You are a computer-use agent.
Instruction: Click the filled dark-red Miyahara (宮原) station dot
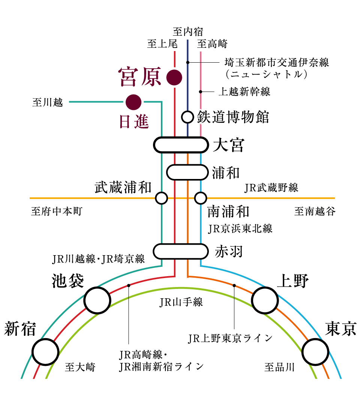click(x=174, y=77)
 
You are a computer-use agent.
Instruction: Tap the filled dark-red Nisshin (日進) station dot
click(x=133, y=102)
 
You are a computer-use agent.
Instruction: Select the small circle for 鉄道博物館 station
click(x=187, y=117)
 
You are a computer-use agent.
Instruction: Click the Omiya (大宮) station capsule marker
click(x=181, y=145)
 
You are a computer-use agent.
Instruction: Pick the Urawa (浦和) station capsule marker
click(x=187, y=172)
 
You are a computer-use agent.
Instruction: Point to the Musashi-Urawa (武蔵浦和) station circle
click(x=161, y=198)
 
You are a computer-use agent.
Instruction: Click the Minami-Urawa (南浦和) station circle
click(x=201, y=198)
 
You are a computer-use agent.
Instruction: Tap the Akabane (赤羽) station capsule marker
click(x=181, y=251)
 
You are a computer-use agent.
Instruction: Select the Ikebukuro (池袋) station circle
click(x=97, y=300)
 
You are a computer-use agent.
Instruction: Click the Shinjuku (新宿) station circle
click(x=45, y=352)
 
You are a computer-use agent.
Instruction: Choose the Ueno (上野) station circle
click(x=265, y=300)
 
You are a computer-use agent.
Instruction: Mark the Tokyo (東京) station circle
click(x=316, y=352)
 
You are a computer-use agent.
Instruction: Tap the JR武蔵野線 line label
click(x=271, y=188)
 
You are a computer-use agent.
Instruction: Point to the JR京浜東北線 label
click(x=240, y=228)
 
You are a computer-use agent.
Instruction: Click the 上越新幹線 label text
click(x=244, y=92)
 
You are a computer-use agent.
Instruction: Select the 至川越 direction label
click(x=48, y=102)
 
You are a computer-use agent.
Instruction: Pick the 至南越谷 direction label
click(x=315, y=212)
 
